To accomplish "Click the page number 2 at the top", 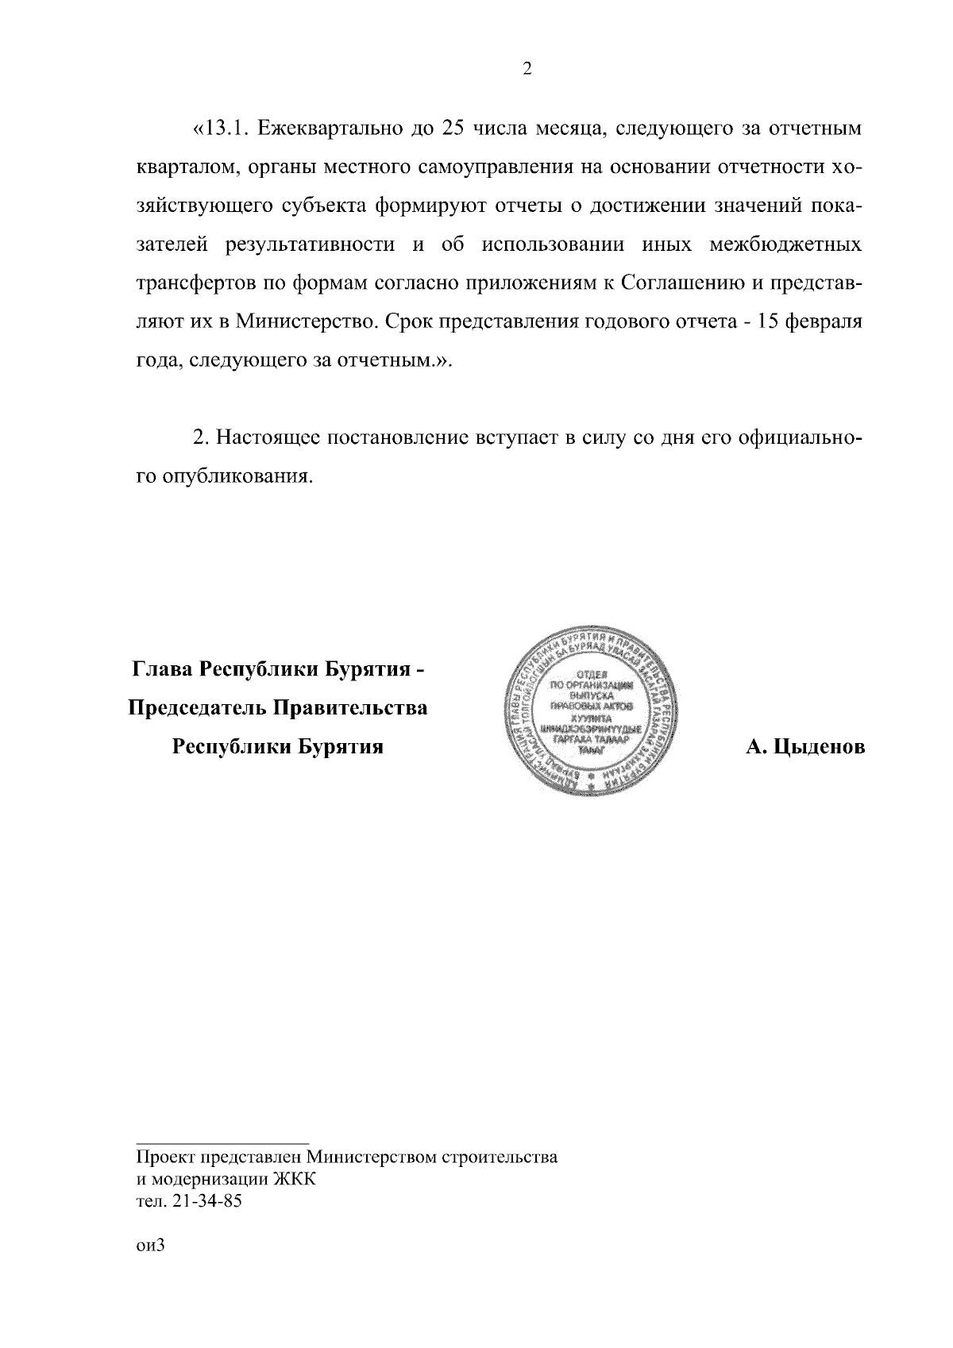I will [x=527, y=69].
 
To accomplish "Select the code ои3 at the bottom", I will [x=149, y=1245].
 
